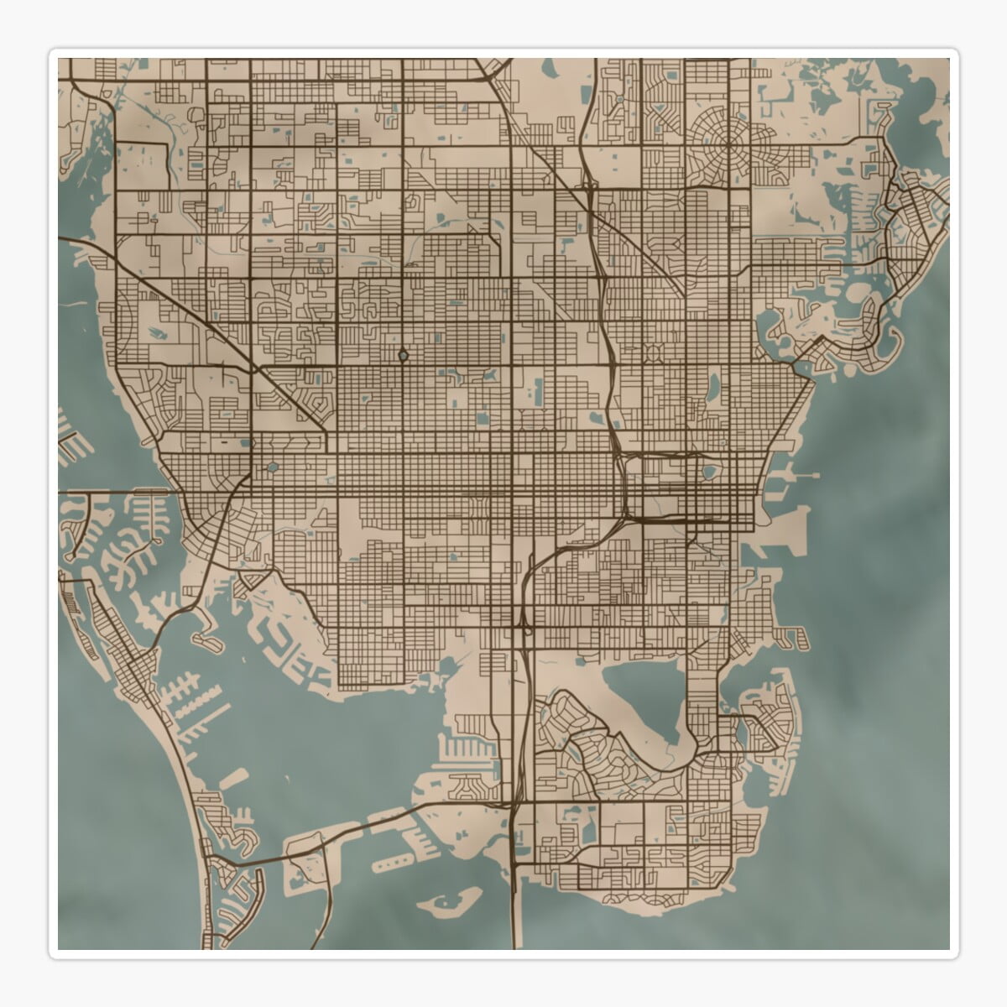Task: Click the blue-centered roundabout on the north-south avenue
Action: click(x=403, y=356)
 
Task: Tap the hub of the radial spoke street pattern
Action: click(x=729, y=144)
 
